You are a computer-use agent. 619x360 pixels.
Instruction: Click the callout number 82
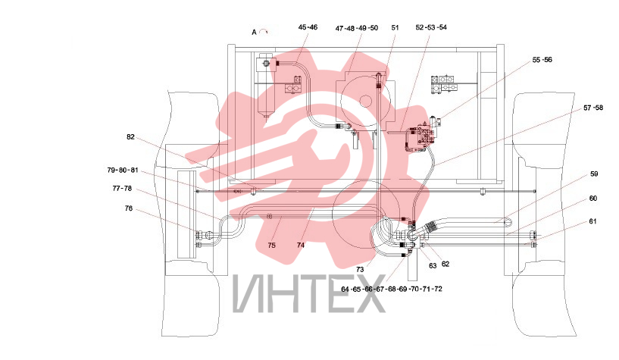pyautogui.click(x=130, y=137)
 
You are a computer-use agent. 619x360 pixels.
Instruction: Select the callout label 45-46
pyautogui.click(x=308, y=27)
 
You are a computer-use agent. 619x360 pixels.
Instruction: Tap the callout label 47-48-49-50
pyautogui.click(x=357, y=28)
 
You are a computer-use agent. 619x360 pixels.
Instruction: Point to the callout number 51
pyautogui.click(x=395, y=27)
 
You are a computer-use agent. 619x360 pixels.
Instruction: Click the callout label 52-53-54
pyautogui.click(x=431, y=27)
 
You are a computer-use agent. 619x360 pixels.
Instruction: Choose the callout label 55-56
pyautogui.click(x=542, y=60)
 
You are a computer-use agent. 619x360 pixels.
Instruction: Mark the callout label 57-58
pyautogui.click(x=593, y=108)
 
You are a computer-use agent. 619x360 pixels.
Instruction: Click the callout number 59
pyautogui.click(x=594, y=174)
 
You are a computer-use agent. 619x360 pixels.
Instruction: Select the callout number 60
pyautogui.click(x=593, y=199)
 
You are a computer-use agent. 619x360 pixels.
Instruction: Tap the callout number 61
pyautogui.click(x=592, y=221)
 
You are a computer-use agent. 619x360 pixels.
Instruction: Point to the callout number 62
pyautogui.click(x=445, y=264)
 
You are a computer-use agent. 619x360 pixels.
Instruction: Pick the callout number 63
pyautogui.click(x=433, y=266)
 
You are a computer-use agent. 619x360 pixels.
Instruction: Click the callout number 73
pyautogui.click(x=360, y=270)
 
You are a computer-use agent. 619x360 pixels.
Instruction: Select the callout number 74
pyautogui.click(x=301, y=246)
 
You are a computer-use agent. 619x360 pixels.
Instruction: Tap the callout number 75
pyautogui.click(x=271, y=246)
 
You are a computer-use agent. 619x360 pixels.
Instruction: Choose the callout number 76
pyautogui.click(x=129, y=208)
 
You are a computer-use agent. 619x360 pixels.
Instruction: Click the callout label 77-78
pyautogui.click(x=122, y=189)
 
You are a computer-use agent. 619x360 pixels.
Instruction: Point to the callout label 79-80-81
pyautogui.click(x=123, y=170)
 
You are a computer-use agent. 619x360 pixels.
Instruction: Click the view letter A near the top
pyautogui.click(x=255, y=33)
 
